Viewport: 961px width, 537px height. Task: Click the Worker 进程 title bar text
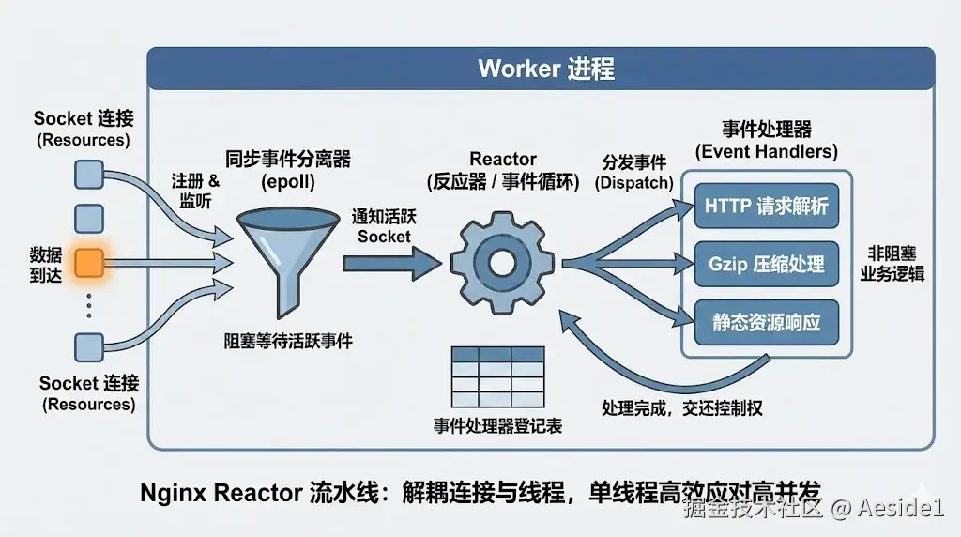click(x=546, y=69)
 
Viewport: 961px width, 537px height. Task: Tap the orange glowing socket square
click(x=88, y=263)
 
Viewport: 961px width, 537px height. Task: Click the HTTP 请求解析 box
click(x=767, y=206)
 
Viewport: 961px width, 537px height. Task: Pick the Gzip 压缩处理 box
click(x=767, y=264)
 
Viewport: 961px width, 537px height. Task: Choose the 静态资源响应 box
click(x=767, y=322)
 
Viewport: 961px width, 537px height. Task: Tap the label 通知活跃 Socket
click(x=384, y=225)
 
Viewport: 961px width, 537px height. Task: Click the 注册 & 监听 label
click(x=195, y=190)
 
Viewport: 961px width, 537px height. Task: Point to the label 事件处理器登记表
click(x=497, y=425)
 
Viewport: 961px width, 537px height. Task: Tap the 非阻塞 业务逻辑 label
click(x=892, y=264)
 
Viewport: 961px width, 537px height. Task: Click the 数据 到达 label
click(x=44, y=264)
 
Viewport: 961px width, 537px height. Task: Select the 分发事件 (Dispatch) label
click(x=634, y=172)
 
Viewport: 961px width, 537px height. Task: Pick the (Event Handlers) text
click(x=766, y=150)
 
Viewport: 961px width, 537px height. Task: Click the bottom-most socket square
click(x=88, y=347)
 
